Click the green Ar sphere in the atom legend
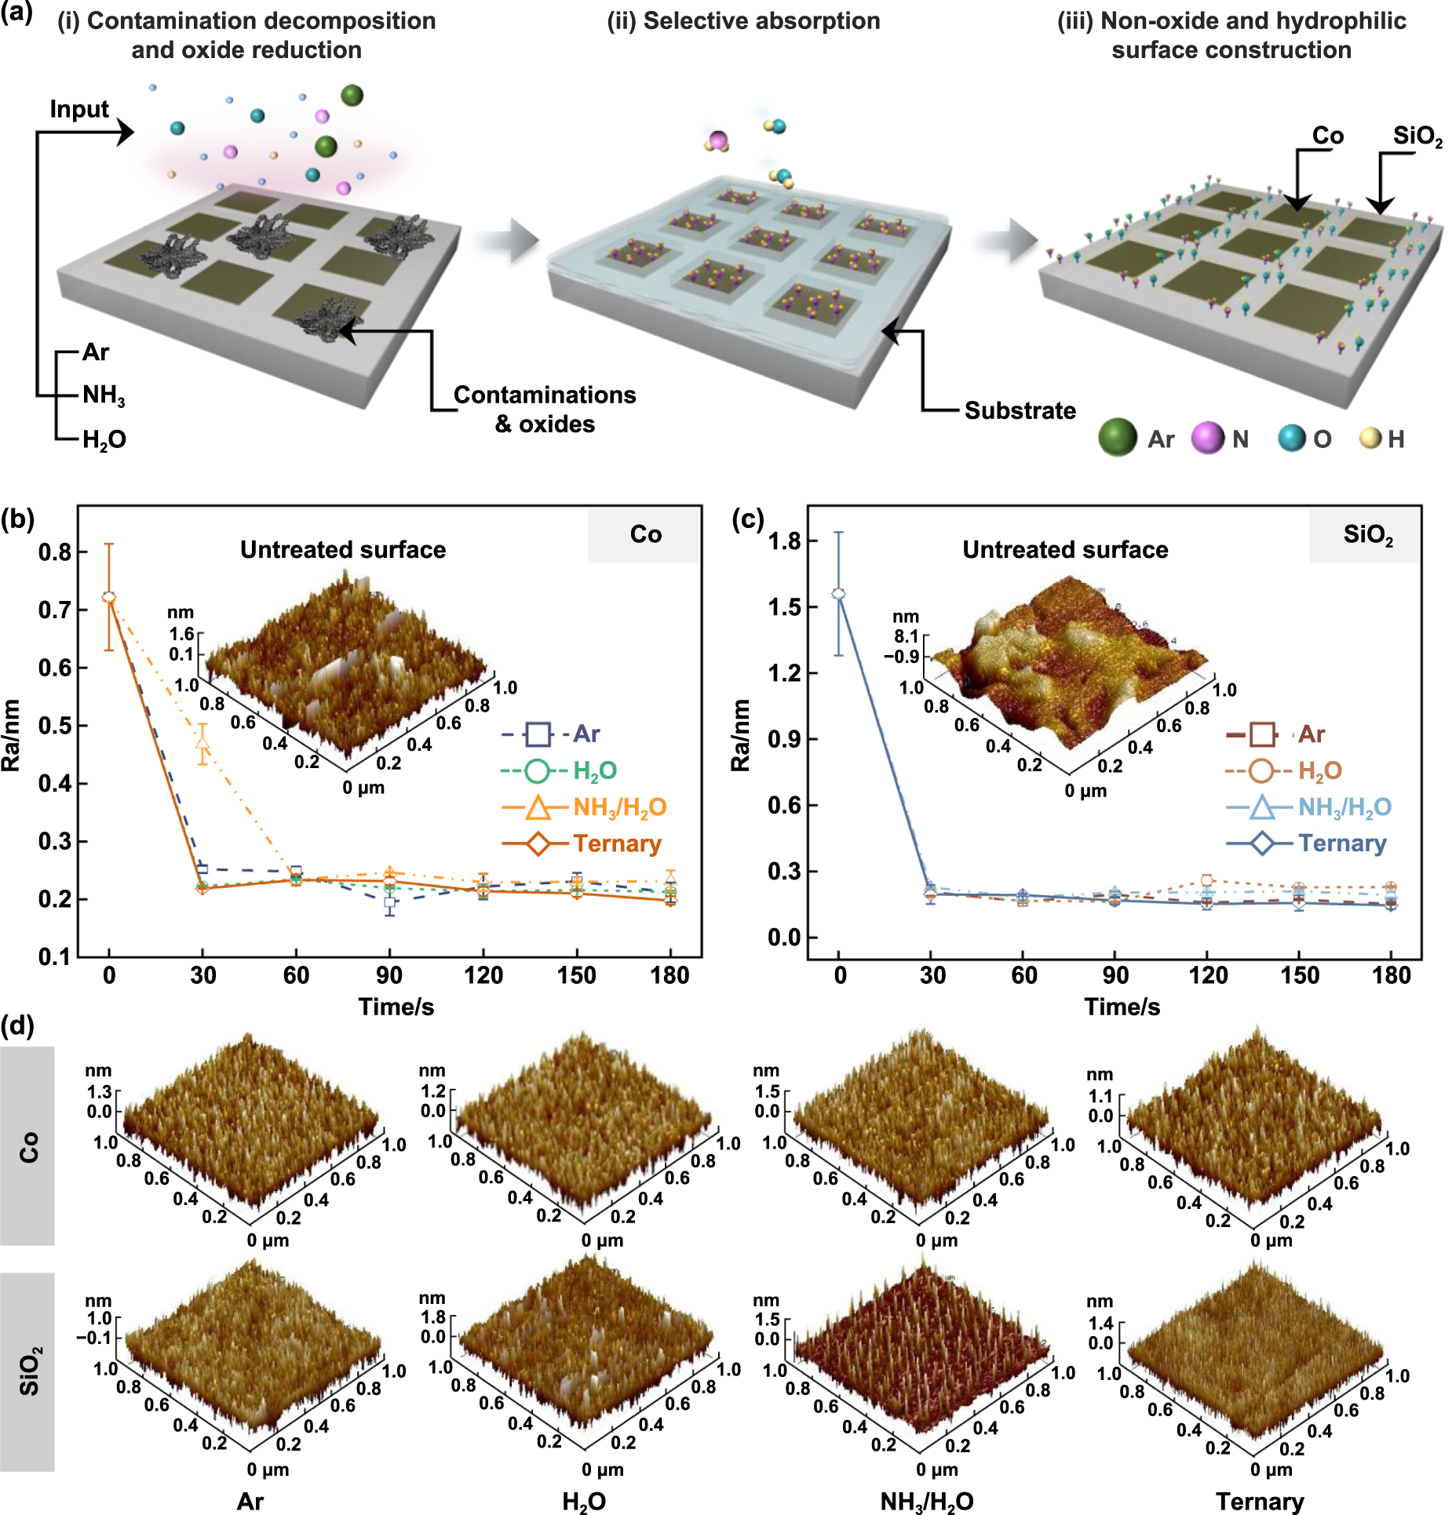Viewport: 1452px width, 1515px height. coord(1118,437)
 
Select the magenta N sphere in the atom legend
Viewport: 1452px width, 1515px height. coord(1208,437)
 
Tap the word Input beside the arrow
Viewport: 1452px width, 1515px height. coord(78,109)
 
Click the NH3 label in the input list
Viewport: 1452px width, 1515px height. coord(104,395)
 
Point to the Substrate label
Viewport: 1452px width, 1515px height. coord(1020,410)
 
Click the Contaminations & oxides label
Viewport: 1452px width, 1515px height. coord(545,409)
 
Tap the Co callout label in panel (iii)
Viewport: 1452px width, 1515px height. coord(1328,136)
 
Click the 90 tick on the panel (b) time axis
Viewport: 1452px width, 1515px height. coord(389,975)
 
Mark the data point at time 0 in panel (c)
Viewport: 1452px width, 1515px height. coord(838,594)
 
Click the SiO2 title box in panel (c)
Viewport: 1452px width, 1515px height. coord(1367,535)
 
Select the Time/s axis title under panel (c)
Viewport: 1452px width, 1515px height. coord(1122,1007)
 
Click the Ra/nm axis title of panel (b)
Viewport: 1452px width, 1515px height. coord(11,735)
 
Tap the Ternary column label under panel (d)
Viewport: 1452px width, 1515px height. coord(1260,1501)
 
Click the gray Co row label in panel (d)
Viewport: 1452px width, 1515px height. coord(27,1146)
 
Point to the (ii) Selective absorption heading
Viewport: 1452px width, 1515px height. coord(743,21)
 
